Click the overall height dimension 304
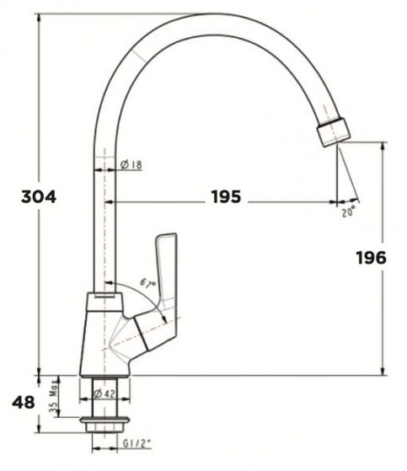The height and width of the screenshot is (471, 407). coord(39,197)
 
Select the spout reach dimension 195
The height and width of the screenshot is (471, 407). coord(225,197)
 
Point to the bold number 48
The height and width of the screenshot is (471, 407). coord(24,403)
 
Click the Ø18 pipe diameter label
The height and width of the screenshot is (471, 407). coord(131,165)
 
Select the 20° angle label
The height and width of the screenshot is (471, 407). coord(349,213)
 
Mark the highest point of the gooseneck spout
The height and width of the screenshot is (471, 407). coord(215,14)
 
